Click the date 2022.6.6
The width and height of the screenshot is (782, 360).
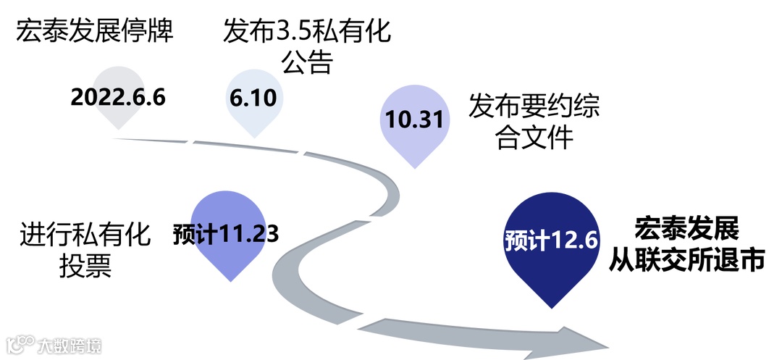118,97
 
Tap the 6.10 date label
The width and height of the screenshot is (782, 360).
253,97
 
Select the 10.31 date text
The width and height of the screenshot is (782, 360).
414,119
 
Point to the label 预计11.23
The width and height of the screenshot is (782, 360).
226,234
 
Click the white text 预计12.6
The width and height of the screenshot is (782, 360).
552,240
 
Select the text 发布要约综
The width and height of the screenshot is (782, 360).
534,106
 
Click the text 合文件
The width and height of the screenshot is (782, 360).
534,138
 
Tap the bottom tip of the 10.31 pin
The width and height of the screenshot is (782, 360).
414,167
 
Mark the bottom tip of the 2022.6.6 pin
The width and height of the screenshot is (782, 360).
118,130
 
